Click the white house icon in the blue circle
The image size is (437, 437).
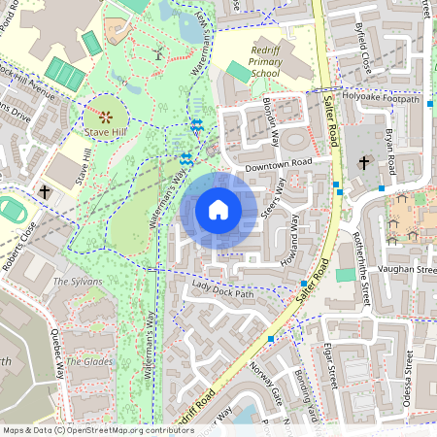coord(218,210)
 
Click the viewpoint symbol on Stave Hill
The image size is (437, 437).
coord(108,116)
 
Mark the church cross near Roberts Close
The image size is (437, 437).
coord(46,191)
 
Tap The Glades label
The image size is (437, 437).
coord(84,361)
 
